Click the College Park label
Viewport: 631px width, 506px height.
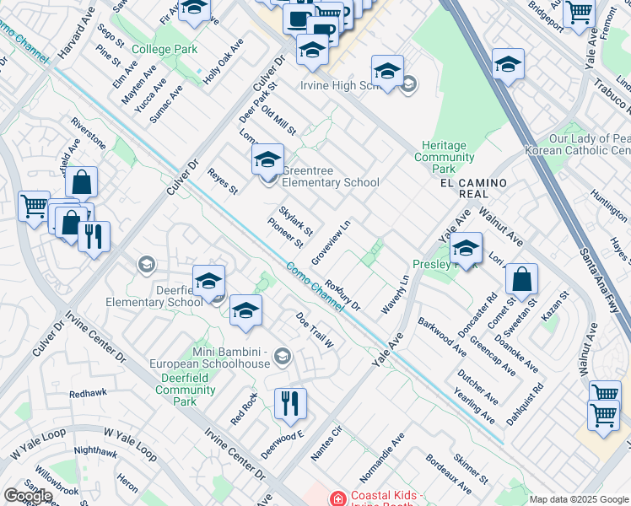pos(164,50)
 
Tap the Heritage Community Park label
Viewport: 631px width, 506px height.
pos(445,157)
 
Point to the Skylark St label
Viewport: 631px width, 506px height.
pos(298,221)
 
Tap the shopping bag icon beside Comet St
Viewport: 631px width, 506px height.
pos(522,280)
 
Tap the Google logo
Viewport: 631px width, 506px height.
pos(28,496)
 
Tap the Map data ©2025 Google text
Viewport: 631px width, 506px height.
pos(579,499)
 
